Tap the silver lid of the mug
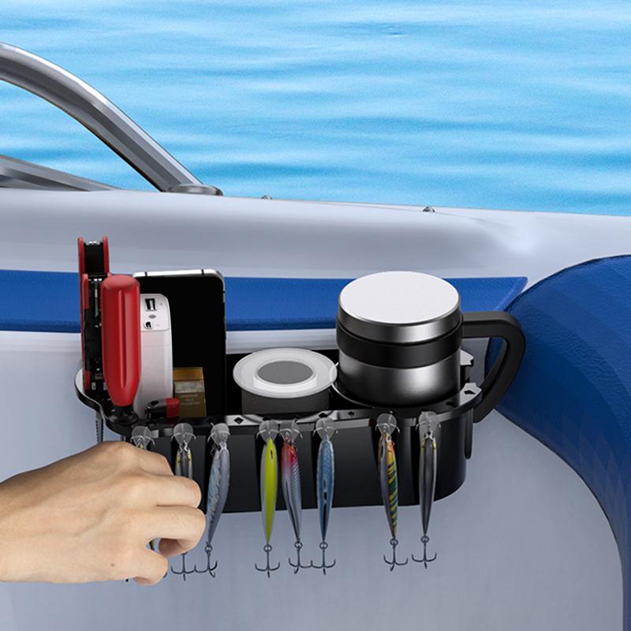tap(399, 295)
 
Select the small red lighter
tap(161, 408)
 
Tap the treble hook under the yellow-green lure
tap(267, 562)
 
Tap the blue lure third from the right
tap(325, 485)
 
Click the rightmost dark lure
tap(427, 481)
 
